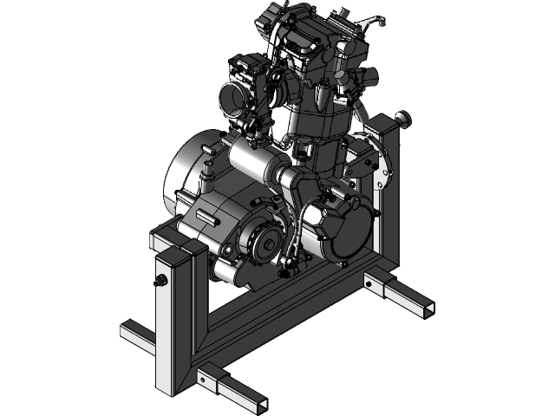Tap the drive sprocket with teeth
pyautogui.click(x=261, y=246)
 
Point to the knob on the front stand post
pyautogui.click(x=160, y=281)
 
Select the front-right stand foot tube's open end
pyautogui.click(x=258, y=404)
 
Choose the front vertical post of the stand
pyautogui.click(x=174, y=321)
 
